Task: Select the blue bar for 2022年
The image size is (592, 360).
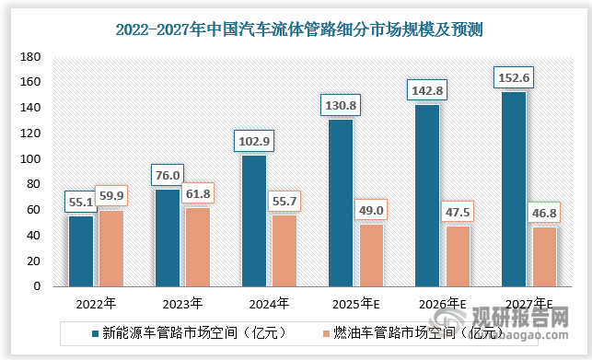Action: tap(81, 250)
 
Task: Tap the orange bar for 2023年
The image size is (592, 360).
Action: tap(198, 247)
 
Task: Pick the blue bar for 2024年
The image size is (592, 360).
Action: tap(254, 221)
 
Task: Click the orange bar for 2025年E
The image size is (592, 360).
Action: tap(371, 255)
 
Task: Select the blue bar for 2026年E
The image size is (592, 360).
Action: tap(427, 195)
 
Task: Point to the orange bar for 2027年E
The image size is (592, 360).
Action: tap(544, 256)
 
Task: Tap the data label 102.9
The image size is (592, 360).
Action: tap(254, 141)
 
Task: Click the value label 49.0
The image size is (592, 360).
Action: tap(371, 209)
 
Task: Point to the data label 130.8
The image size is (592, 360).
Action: tap(341, 105)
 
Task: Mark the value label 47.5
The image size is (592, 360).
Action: tap(458, 211)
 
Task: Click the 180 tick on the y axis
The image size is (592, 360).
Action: tap(32, 57)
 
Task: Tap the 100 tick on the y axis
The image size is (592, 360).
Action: tap(32, 159)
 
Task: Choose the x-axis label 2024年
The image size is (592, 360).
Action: tap(269, 302)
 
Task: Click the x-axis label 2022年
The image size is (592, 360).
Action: tap(96, 302)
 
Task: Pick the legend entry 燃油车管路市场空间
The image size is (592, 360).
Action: tap(406, 330)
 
